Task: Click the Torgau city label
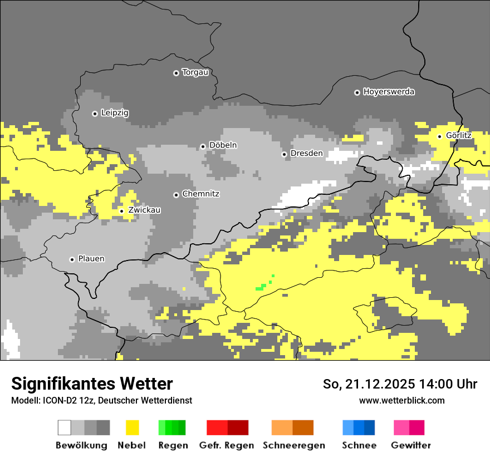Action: click(x=195, y=72)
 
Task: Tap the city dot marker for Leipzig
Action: click(x=95, y=114)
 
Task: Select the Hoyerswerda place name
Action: click(x=389, y=92)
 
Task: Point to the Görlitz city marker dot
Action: click(x=439, y=136)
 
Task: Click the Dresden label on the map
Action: click(x=306, y=153)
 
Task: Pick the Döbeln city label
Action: click(x=223, y=145)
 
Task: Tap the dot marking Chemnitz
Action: click(x=176, y=195)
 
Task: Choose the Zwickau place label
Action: click(x=144, y=210)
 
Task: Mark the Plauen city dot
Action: click(x=72, y=259)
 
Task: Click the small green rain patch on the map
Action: click(x=261, y=287)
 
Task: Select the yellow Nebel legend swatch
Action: click(x=132, y=427)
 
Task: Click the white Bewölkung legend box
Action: click(x=65, y=427)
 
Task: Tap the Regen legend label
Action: click(x=172, y=445)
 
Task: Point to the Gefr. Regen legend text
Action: click(x=227, y=445)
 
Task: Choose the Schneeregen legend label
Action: click(x=293, y=445)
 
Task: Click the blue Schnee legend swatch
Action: click(x=359, y=427)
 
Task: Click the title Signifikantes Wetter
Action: click(x=92, y=384)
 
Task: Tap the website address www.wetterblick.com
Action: click(x=401, y=400)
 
